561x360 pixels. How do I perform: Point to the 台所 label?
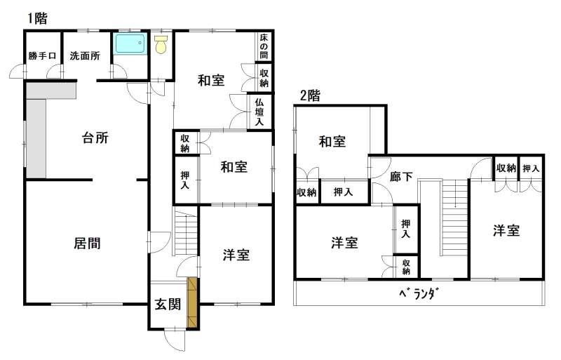[95, 138]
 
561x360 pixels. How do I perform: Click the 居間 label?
[87, 244]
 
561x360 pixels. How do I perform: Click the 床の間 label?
[264, 46]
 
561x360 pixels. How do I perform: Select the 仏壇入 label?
[259, 112]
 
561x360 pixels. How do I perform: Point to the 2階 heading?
[310, 96]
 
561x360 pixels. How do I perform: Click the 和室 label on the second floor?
[332, 142]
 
